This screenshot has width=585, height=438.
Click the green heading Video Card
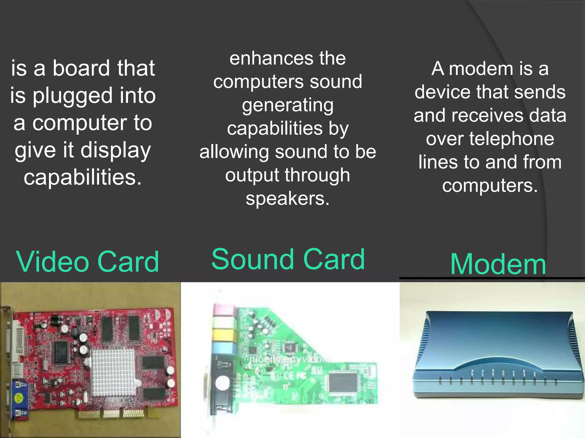(x=87, y=262)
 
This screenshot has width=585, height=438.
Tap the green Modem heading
(x=498, y=264)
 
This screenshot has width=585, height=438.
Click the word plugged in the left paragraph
(x=73, y=96)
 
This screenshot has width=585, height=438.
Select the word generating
(x=288, y=106)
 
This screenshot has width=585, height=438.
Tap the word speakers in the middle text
(x=288, y=198)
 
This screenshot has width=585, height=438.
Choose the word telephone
(x=511, y=139)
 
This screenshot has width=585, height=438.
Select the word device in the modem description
(x=442, y=92)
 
